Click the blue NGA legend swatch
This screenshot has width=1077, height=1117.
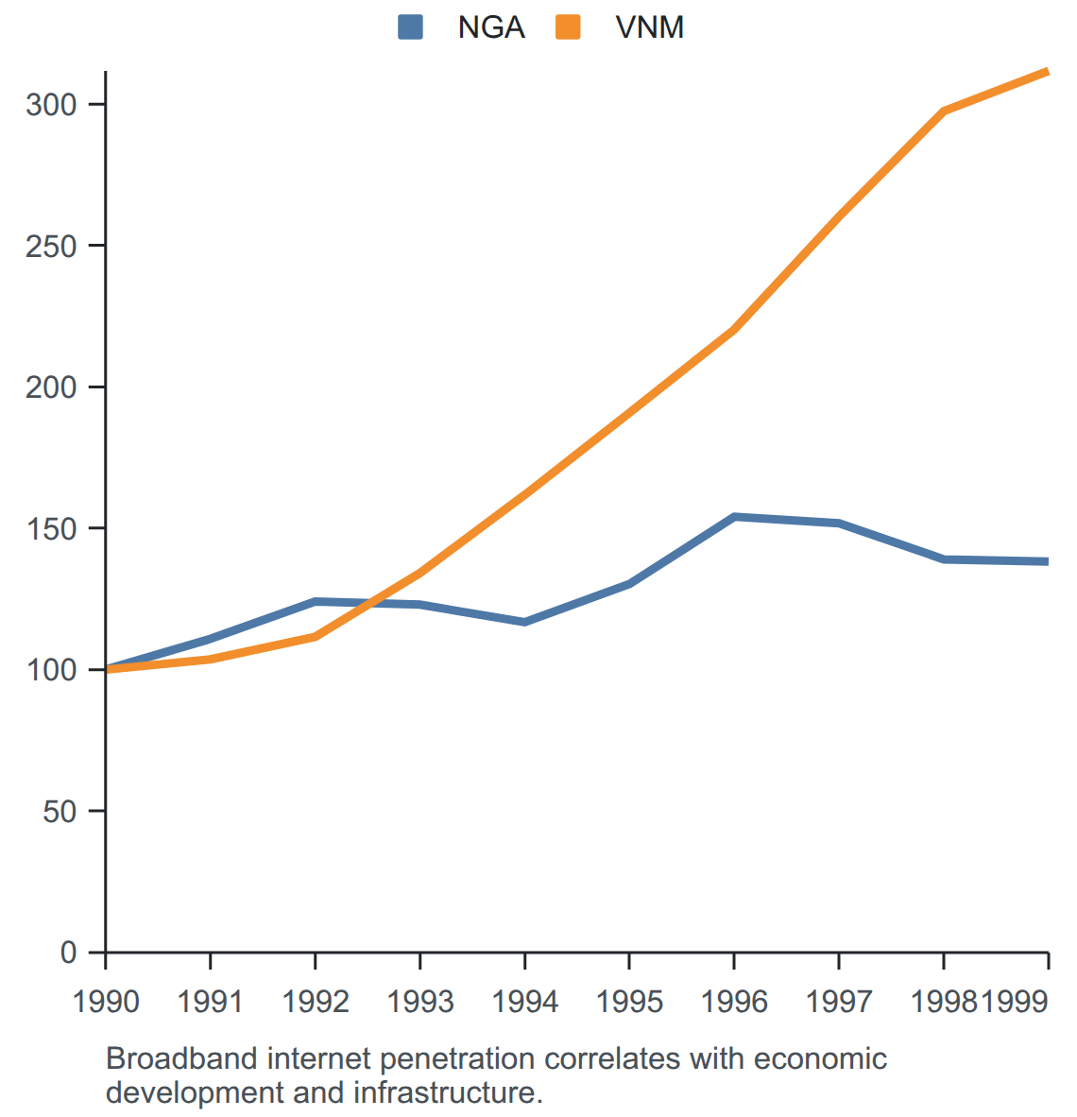click(x=410, y=27)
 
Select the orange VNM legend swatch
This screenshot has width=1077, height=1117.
click(x=568, y=27)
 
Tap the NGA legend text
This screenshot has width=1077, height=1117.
click(x=491, y=27)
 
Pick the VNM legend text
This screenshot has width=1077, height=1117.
click(x=650, y=27)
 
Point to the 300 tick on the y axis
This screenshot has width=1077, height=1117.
click(x=51, y=105)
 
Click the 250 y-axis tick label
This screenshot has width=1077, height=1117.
click(x=51, y=247)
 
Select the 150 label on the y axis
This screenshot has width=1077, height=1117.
click(x=51, y=529)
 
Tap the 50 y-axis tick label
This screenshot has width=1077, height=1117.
click(x=60, y=812)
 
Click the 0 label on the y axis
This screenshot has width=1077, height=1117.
click(x=68, y=953)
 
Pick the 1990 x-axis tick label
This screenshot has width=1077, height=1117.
click(x=106, y=1002)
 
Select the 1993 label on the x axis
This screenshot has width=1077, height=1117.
click(x=420, y=1002)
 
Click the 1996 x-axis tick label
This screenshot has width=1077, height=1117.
click(x=734, y=1002)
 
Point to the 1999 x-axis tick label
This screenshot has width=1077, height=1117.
click(x=1015, y=1002)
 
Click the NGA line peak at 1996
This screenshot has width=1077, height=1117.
click(x=734, y=517)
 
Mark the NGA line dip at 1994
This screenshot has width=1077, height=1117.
click(x=525, y=622)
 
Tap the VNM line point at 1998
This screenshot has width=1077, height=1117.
click(x=944, y=112)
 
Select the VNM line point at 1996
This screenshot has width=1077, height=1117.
click(x=734, y=329)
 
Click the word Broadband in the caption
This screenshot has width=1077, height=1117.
click(x=182, y=1058)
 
